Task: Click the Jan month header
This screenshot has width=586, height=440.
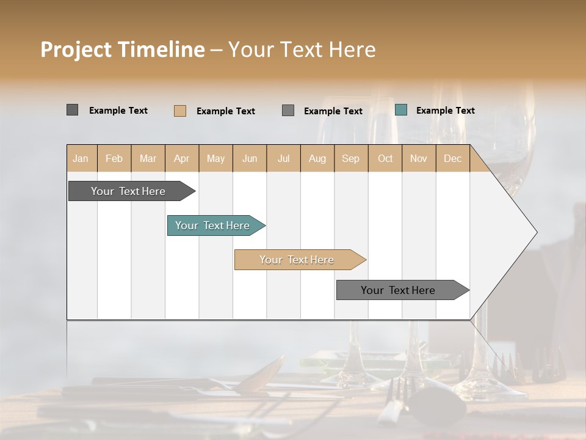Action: click(x=81, y=158)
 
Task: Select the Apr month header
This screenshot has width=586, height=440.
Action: click(x=182, y=158)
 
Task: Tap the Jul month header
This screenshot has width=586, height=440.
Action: click(x=284, y=158)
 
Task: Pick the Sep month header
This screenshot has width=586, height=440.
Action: click(x=350, y=158)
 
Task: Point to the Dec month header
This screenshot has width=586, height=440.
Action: click(x=452, y=158)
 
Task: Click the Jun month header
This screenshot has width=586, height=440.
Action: click(x=250, y=158)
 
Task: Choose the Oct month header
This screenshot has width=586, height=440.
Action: click(x=385, y=158)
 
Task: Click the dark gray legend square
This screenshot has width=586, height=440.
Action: click(x=72, y=110)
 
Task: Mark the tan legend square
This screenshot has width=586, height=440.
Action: click(x=179, y=111)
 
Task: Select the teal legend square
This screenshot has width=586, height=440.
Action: click(x=400, y=110)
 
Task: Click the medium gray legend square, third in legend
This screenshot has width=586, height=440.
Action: click(x=288, y=111)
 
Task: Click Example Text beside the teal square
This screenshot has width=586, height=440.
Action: click(x=445, y=110)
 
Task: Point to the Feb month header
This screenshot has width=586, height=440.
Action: click(x=114, y=158)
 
